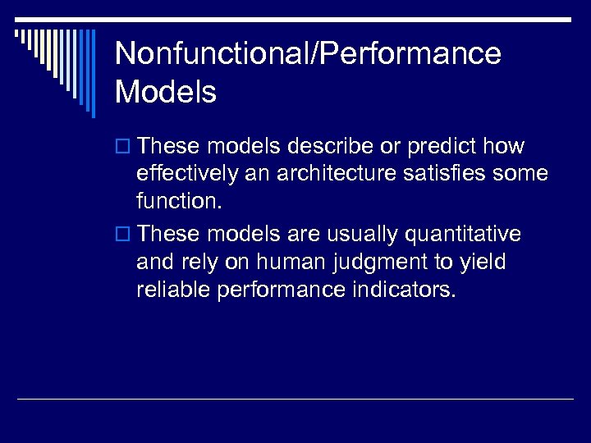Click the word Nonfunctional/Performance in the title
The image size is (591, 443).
click(308, 54)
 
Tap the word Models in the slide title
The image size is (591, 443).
click(166, 92)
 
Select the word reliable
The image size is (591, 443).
click(174, 289)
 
